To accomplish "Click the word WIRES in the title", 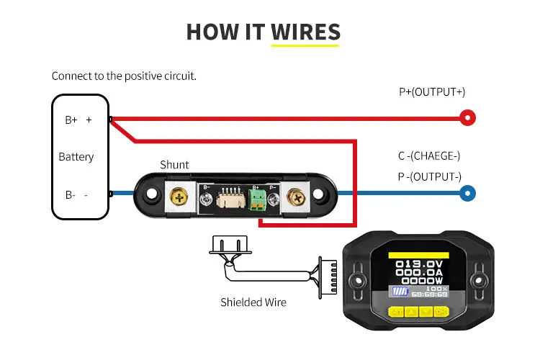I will (305, 32).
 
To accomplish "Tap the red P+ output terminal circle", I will (468, 117).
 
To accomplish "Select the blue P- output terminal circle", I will (468, 193).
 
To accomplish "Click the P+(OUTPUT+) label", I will (432, 92).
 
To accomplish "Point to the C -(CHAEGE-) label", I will (429, 156).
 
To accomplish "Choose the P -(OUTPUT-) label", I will (430, 176).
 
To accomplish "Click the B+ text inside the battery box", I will (71, 120).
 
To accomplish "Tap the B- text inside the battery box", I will (71, 194).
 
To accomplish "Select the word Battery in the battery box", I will (76, 157).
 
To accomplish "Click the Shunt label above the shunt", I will (174, 165).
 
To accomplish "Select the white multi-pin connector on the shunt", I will (230, 199).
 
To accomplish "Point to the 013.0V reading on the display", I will (418, 265).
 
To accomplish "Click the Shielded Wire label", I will (253, 302).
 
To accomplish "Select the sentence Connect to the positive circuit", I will (124, 76).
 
